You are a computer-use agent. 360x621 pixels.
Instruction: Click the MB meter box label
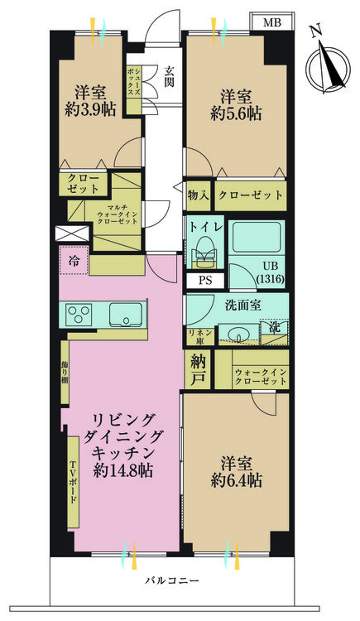pos(272,22)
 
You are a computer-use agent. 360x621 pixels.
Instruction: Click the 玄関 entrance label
pos(169,77)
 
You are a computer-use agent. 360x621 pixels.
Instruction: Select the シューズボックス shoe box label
pos(134,81)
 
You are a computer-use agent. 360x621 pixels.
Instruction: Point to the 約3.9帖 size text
pos(90,109)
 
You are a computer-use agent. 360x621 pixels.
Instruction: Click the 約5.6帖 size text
pos(236,114)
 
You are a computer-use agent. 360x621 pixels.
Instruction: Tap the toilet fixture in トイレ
pos(205,253)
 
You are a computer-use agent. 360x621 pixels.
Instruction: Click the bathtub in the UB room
pos(257,237)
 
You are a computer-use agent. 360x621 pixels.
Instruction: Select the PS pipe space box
pos(205,281)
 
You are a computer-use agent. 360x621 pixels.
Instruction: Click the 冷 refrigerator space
pos(74,260)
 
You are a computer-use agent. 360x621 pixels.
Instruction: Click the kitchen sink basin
pos(126,315)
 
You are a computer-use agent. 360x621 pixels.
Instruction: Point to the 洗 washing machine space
pos(274,332)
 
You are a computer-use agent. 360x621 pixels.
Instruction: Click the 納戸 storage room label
pos(198,370)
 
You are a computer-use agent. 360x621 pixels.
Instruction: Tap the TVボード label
pos(74,481)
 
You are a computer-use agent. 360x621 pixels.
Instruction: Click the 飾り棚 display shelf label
pos(65,372)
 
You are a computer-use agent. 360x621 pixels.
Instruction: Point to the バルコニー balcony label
pos(171,581)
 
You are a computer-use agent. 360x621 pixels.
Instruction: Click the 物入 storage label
pos(198,195)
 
